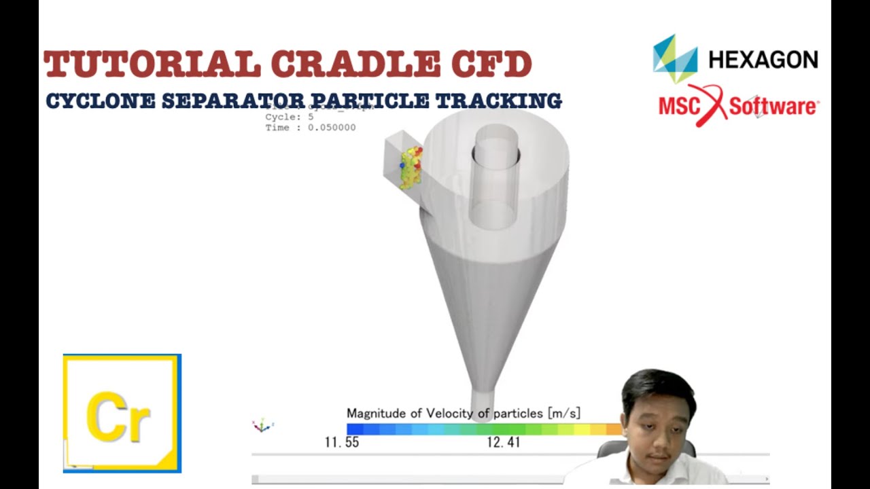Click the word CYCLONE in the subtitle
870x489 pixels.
pos(99,101)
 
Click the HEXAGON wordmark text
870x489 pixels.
pos(763,60)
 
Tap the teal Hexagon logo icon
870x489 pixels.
pos(675,58)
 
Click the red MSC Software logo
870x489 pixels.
pos(738,105)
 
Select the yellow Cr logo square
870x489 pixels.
pos(122,413)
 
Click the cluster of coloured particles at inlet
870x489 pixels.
pos(411,167)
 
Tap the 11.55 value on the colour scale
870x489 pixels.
pos(341,443)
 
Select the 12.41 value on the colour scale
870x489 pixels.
pos(504,443)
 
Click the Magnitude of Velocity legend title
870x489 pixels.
pos(463,413)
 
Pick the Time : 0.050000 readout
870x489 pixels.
pos(310,128)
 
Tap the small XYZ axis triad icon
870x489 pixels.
pos(262,426)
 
